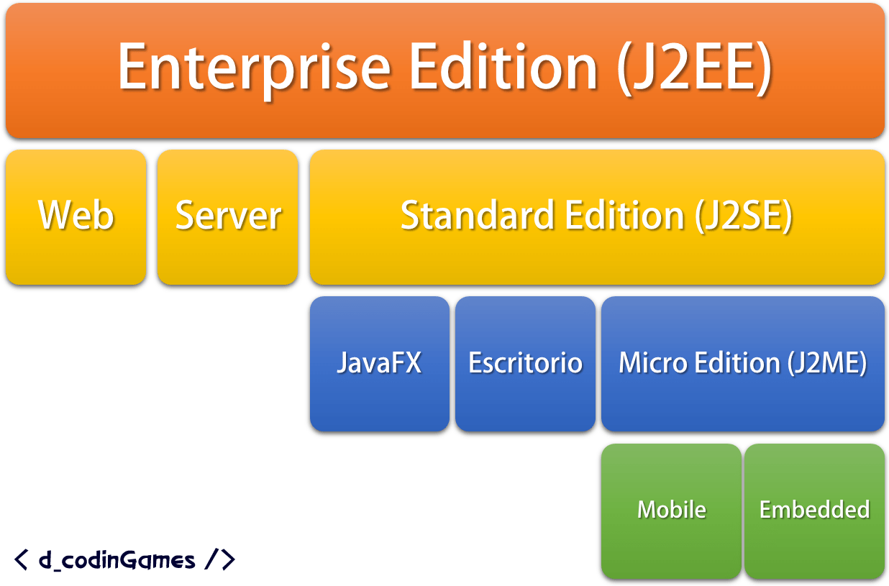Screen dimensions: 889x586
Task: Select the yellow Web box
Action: tap(76, 216)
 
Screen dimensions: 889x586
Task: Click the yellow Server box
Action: tap(227, 216)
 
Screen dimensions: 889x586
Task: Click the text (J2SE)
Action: tap(744, 215)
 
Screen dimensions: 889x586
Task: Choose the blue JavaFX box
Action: tap(379, 363)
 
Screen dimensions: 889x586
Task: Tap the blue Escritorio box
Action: tap(525, 363)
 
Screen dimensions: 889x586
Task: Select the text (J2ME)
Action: tap(827, 362)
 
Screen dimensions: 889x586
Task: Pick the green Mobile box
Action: tap(671, 511)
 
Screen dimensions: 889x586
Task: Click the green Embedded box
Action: tap(814, 511)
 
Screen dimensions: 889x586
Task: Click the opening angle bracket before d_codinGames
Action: tap(21, 559)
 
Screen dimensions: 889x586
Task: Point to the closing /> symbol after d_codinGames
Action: tap(220, 559)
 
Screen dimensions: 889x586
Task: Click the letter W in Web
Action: tap(53, 215)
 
